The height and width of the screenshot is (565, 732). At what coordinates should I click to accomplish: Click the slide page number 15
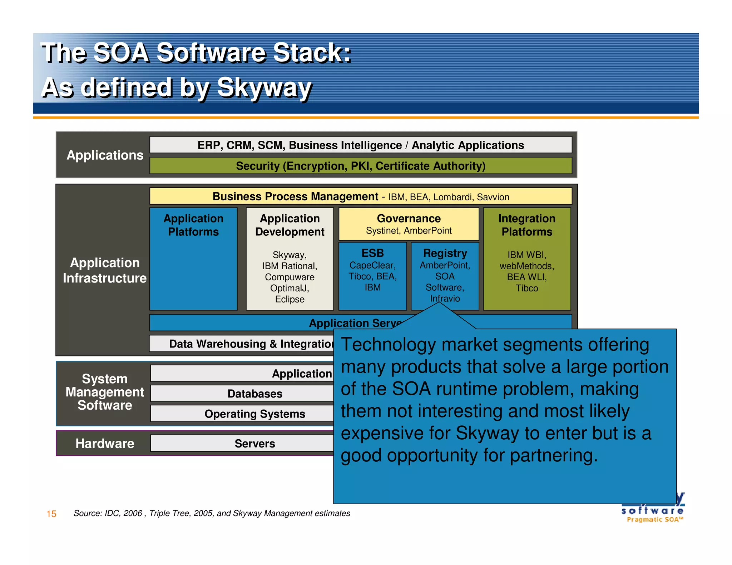(51, 514)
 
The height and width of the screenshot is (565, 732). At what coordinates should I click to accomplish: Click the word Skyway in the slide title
(264, 87)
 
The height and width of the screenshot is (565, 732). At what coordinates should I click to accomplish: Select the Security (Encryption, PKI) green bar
(361, 166)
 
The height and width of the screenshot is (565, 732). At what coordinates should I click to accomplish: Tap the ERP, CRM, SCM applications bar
(361, 145)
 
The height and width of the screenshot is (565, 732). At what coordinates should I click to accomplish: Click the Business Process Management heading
(295, 196)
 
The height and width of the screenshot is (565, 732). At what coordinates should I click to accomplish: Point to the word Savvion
(493, 197)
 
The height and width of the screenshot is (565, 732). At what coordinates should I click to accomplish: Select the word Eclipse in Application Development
(290, 299)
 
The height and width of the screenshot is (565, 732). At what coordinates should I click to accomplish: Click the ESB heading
(372, 253)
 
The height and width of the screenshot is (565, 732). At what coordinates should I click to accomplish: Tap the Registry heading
(445, 253)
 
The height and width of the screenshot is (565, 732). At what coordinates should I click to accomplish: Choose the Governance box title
(409, 218)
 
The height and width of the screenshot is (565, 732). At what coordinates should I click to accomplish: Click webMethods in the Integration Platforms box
(526, 266)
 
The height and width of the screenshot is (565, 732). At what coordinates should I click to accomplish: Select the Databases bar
(254, 394)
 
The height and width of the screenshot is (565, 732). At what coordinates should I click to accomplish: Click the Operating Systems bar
(254, 414)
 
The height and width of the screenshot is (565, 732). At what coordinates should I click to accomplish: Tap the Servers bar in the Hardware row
(254, 444)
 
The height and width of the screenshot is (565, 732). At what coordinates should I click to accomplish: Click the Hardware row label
(105, 444)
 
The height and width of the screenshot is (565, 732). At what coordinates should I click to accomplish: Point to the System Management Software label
(105, 392)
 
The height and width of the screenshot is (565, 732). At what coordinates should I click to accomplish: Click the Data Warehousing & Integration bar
(250, 344)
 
